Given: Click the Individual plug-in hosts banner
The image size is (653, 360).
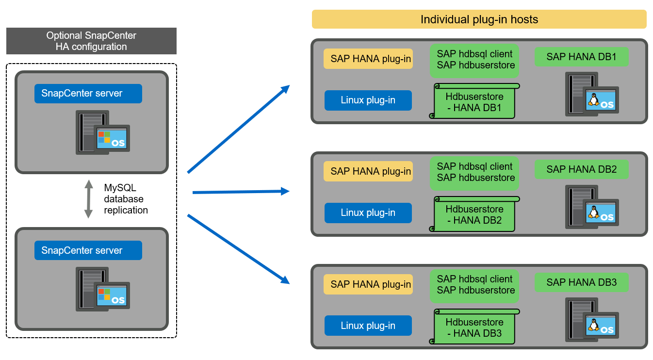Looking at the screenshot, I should (x=479, y=19).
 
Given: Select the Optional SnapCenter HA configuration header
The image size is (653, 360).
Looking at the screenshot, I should (x=91, y=41).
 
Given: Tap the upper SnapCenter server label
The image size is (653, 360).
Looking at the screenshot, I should (x=88, y=94).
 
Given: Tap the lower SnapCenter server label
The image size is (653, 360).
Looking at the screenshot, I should (x=88, y=250).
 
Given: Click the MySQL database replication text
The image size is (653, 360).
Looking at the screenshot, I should (x=126, y=199).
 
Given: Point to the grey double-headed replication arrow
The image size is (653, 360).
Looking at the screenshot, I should (x=88, y=199).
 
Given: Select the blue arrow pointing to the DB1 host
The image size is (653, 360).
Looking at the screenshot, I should (x=238, y=129).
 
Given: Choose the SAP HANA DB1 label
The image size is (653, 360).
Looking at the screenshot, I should (x=581, y=57).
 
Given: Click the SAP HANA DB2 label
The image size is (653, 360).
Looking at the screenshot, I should (x=581, y=169).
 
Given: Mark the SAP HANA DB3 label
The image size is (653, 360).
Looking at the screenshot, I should (x=581, y=282).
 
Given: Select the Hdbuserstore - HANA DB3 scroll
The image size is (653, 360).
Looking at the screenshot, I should (x=474, y=327).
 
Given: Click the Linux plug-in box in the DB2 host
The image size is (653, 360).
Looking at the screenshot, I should (x=368, y=213).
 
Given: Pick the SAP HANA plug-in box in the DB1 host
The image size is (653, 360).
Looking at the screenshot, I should (x=368, y=59).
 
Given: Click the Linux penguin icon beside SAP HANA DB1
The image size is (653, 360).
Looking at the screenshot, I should (x=592, y=98).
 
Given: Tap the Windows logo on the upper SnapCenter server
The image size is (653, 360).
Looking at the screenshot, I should (x=103, y=137).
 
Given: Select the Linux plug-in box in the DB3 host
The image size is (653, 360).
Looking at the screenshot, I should (x=368, y=326).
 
